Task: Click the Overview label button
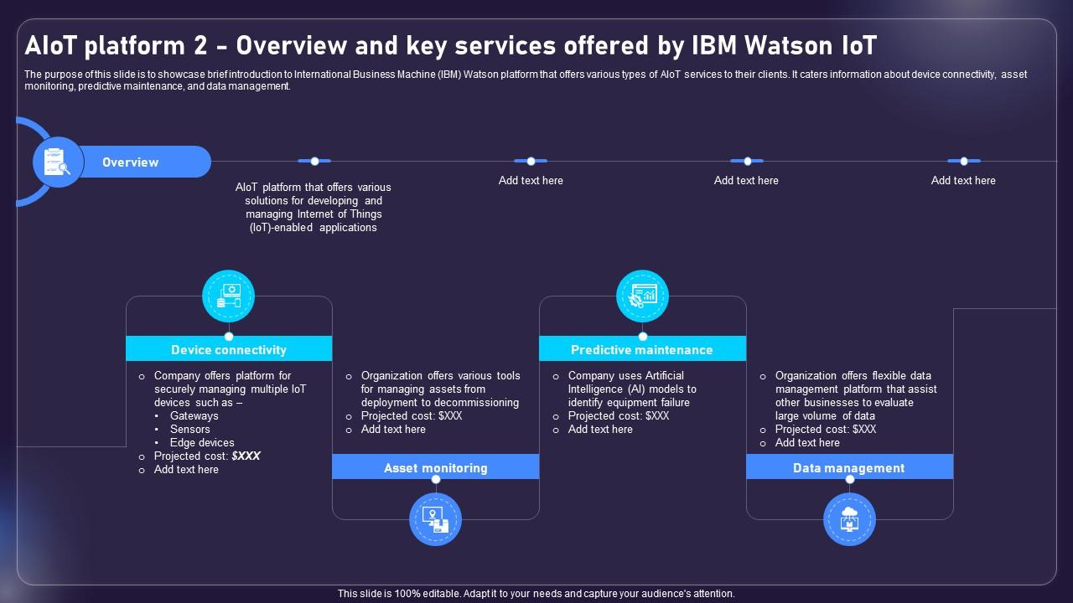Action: (x=131, y=162)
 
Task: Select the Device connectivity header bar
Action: (x=229, y=350)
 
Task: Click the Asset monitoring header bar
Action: (x=435, y=468)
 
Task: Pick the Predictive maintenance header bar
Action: (x=642, y=350)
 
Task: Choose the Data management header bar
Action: (x=849, y=468)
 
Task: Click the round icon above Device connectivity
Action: (x=229, y=296)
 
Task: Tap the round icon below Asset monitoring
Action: (x=435, y=519)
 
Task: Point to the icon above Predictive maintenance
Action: (x=642, y=296)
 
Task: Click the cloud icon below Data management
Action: (x=849, y=519)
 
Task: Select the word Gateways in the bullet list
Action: (x=194, y=416)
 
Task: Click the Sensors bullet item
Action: (x=189, y=430)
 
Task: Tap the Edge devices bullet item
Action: (x=202, y=443)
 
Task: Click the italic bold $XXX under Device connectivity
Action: (x=246, y=456)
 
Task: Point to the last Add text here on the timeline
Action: (x=963, y=181)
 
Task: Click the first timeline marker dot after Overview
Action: (x=314, y=161)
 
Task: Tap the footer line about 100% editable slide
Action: (x=536, y=594)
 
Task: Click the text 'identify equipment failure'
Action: (x=629, y=403)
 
